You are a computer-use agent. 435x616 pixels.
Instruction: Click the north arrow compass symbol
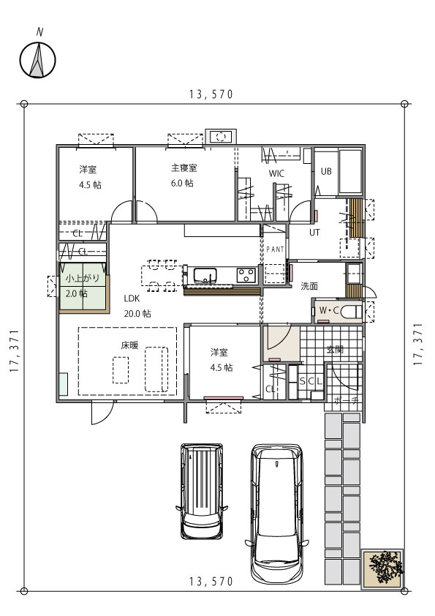[x=38, y=60]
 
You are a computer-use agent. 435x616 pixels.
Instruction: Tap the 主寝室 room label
[x=184, y=168]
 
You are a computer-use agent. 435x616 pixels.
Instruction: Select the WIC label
[x=276, y=173]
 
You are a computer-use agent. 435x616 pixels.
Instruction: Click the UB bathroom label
[x=326, y=171]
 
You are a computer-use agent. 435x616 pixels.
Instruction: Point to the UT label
[x=314, y=232]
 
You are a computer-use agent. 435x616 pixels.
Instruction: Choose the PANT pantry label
[x=275, y=249]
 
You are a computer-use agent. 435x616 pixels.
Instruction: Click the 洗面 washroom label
[x=309, y=286]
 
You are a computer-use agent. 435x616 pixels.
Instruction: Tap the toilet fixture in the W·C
[x=352, y=312]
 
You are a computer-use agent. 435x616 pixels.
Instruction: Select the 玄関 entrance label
[x=335, y=349]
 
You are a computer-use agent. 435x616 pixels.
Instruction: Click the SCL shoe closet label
[x=311, y=380]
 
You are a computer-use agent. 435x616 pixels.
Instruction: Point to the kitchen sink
[x=205, y=275]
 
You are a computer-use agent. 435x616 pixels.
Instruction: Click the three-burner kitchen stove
[x=246, y=274]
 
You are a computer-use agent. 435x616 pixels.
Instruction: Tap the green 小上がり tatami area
[x=83, y=287]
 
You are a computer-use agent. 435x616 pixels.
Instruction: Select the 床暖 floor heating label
[x=129, y=345]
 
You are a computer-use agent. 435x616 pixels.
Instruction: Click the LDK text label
[x=132, y=298]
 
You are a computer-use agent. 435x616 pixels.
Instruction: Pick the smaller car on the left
[x=202, y=491]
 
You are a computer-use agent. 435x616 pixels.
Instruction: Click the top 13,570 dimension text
[x=211, y=94]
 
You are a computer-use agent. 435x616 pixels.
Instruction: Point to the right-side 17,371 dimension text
[x=418, y=345]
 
